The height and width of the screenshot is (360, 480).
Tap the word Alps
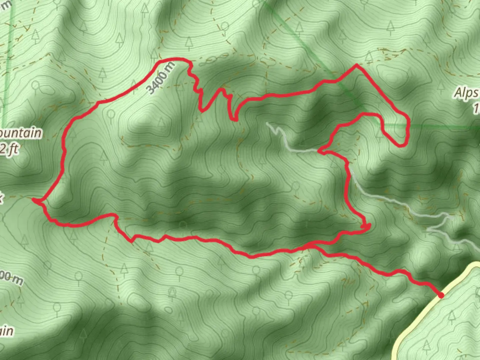point(466,93)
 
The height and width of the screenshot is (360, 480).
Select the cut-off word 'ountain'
point(21,133)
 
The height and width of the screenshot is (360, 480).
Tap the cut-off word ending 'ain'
point(7,331)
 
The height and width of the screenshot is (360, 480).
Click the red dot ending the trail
point(441,295)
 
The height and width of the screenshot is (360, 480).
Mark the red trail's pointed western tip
point(33,200)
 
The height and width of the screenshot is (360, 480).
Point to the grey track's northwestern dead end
point(267,123)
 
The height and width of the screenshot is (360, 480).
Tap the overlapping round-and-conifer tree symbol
point(172,293)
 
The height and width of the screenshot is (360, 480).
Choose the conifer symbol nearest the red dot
point(452,315)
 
